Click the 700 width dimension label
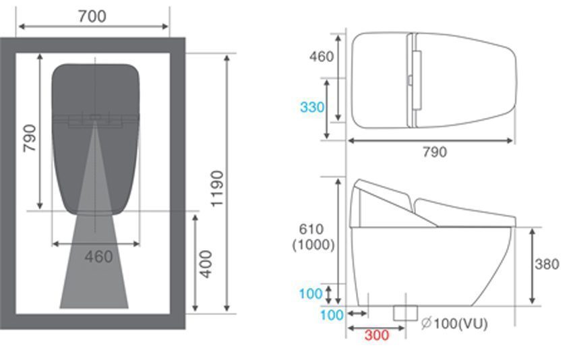[x=92, y=16]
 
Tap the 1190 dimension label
[x=217, y=189]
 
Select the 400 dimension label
[x=206, y=264]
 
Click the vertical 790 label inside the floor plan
[x=30, y=138]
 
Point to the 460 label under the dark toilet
[x=98, y=257]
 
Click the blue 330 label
[x=312, y=107]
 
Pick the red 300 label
[x=376, y=335]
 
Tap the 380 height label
[x=547, y=264]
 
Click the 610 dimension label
[x=311, y=229]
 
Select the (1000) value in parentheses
[x=313, y=245]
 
